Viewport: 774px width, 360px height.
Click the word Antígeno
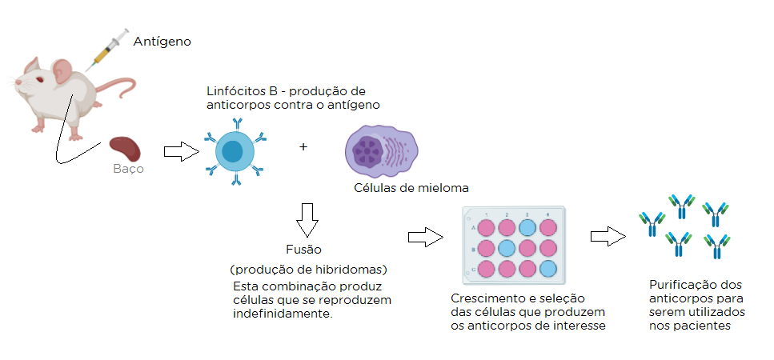(x=162, y=40)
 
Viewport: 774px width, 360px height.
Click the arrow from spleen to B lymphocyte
(x=180, y=151)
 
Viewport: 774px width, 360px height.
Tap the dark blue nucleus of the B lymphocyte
(x=233, y=150)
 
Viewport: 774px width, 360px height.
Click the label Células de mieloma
(x=411, y=188)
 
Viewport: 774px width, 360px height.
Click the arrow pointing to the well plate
(x=425, y=237)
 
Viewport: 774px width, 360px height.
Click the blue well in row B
(x=506, y=248)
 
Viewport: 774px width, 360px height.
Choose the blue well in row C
(x=547, y=268)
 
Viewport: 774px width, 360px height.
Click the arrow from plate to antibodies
(x=608, y=237)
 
